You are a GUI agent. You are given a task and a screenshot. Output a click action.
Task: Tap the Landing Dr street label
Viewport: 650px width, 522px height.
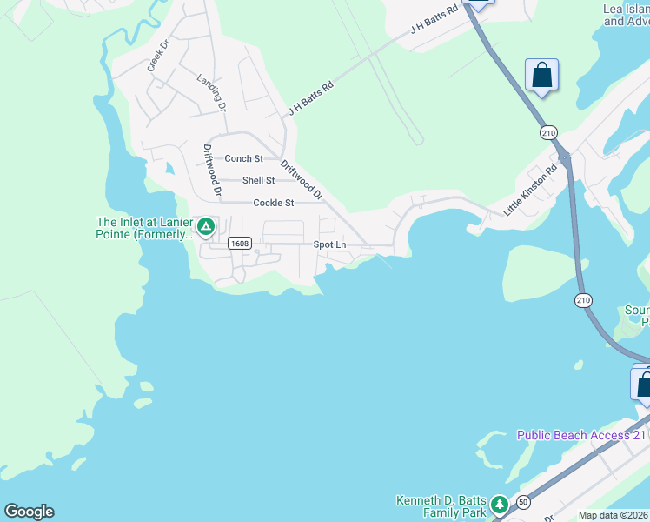(211, 93)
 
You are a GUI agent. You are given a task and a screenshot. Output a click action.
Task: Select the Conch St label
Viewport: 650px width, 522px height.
(243, 159)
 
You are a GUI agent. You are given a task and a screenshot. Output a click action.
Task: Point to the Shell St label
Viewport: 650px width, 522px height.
(258, 181)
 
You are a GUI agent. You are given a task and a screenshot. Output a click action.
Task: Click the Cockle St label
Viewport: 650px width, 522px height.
(274, 204)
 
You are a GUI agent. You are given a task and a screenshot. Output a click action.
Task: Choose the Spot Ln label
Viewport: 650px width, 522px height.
(329, 245)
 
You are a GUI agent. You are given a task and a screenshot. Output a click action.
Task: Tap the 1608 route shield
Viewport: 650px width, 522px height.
(241, 244)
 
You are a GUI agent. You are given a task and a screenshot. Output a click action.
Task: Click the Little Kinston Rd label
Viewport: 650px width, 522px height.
(530, 191)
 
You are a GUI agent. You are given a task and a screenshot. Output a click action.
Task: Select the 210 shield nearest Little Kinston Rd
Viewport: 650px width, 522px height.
(547, 132)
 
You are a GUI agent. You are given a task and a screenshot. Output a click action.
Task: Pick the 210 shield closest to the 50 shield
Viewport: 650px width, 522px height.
(582, 300)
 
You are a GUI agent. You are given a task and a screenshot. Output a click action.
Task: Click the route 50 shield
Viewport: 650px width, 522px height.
(523, 502)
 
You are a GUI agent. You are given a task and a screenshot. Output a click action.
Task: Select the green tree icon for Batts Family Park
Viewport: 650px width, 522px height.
(499, 505)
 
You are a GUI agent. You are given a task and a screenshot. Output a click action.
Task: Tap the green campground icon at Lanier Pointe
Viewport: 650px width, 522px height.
(206, 228)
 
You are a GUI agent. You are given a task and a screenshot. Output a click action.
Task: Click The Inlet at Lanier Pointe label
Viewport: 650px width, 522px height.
(143, 228)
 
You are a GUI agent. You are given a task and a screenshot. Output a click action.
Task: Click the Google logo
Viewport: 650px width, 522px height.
(29, 512)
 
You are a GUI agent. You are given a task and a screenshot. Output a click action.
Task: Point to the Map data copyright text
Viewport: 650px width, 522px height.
(614, 515)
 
